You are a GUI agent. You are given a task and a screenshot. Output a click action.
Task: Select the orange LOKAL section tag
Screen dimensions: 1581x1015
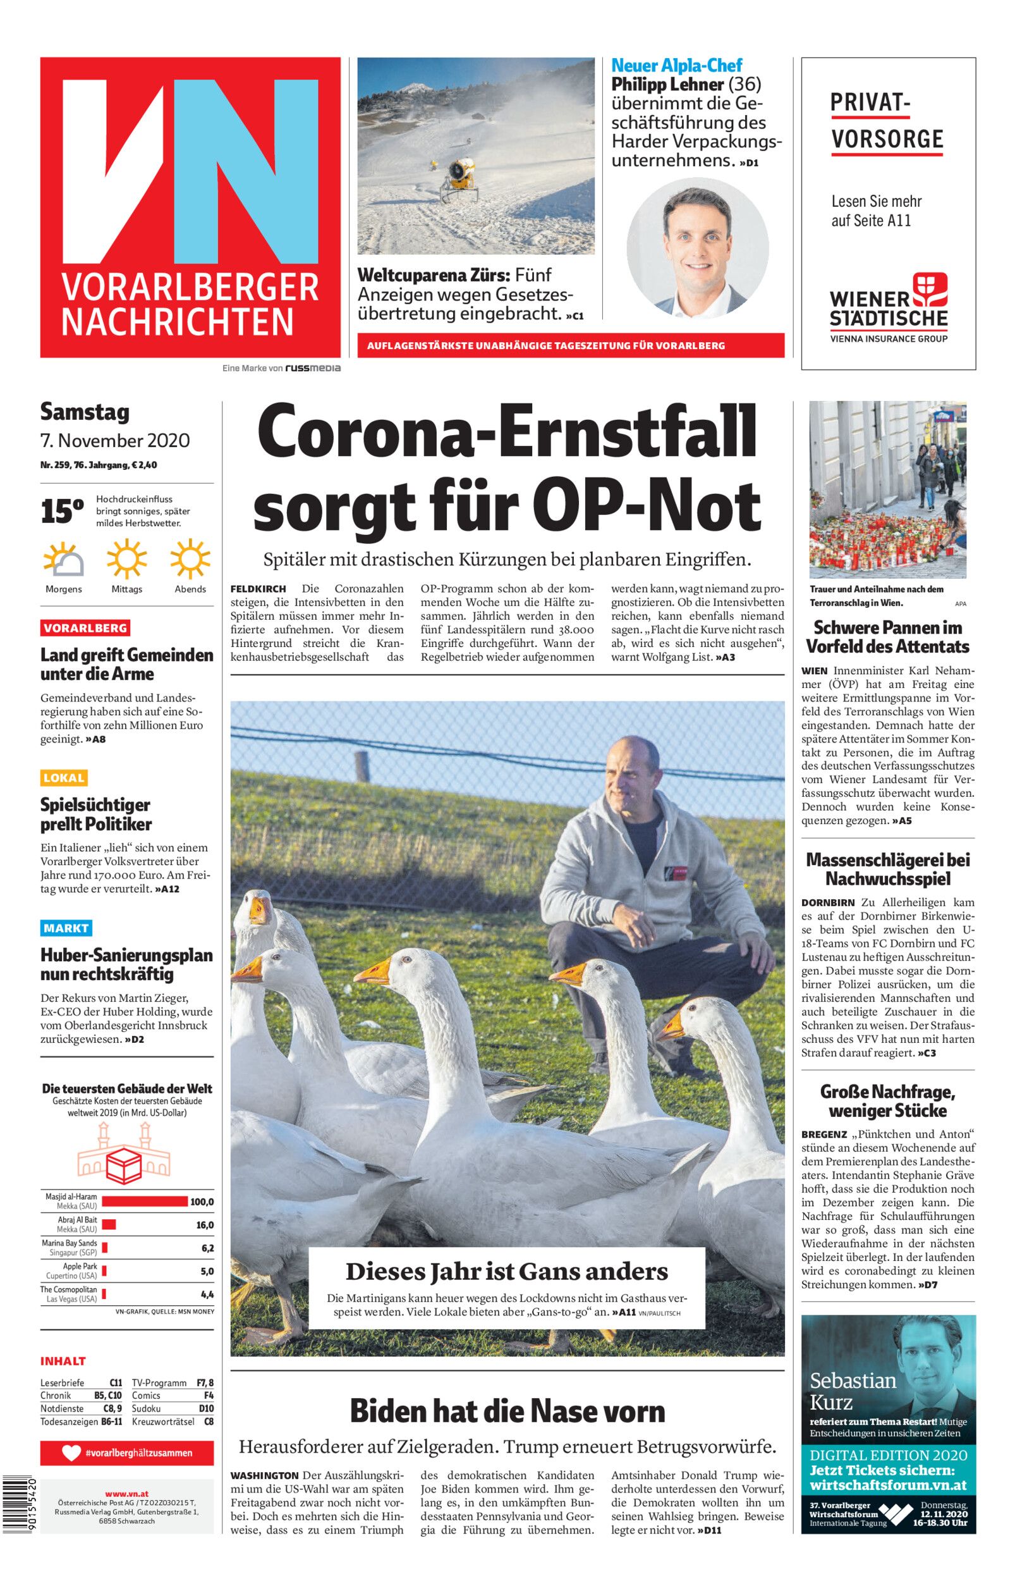click(64, 778)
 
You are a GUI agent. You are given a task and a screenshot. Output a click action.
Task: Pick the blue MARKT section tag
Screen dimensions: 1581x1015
click(66, 928)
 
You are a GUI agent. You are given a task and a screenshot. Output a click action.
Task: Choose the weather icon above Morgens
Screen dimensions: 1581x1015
click(64, 558)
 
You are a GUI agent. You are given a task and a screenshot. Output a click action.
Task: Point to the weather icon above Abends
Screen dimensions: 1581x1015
click(190, 558)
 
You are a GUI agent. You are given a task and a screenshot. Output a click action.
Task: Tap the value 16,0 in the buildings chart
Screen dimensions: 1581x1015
click(204, 1225)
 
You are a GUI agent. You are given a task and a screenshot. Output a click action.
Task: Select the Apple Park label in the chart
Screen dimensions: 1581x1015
click(80, 1266)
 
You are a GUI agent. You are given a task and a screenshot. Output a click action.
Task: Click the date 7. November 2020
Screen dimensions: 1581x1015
click(115, 440)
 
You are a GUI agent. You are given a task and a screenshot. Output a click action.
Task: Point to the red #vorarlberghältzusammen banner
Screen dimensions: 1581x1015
click(126, 1453)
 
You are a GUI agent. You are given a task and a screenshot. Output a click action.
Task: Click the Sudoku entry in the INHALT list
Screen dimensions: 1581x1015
click(147, 1409)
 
